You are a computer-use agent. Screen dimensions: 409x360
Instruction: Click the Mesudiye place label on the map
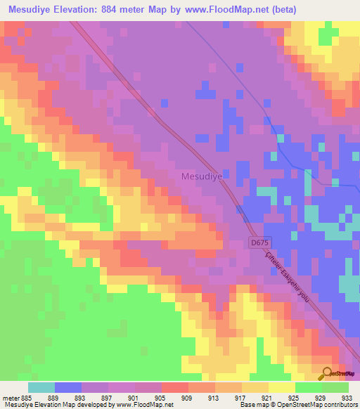202,177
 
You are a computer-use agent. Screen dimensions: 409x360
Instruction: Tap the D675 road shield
259,242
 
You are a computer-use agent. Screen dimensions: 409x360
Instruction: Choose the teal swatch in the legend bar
41,387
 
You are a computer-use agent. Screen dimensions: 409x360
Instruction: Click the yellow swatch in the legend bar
282,387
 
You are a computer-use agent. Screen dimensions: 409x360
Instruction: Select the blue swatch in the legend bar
68,387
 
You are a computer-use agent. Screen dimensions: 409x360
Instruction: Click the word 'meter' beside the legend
10,398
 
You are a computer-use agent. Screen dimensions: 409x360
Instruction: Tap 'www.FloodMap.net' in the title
227,9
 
